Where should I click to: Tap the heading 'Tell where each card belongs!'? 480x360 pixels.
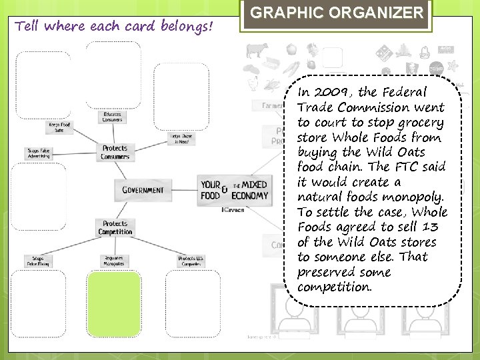pos(114,27)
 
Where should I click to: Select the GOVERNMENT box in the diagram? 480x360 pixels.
pos(142,190)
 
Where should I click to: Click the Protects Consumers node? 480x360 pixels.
pos(115,152)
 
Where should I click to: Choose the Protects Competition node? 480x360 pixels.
pos(115,228)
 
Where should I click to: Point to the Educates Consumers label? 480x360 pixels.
pos(111,117)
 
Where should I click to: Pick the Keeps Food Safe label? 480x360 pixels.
pos(59,127)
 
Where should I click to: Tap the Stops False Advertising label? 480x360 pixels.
pos(37,152)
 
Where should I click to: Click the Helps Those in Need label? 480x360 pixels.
pos(181,139)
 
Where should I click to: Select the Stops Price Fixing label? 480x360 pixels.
pos(37,260)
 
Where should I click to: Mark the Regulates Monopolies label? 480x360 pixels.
pos(114,260)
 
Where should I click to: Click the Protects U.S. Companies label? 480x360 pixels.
pos(191,260)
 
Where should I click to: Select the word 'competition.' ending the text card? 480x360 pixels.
pos(334,287)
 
